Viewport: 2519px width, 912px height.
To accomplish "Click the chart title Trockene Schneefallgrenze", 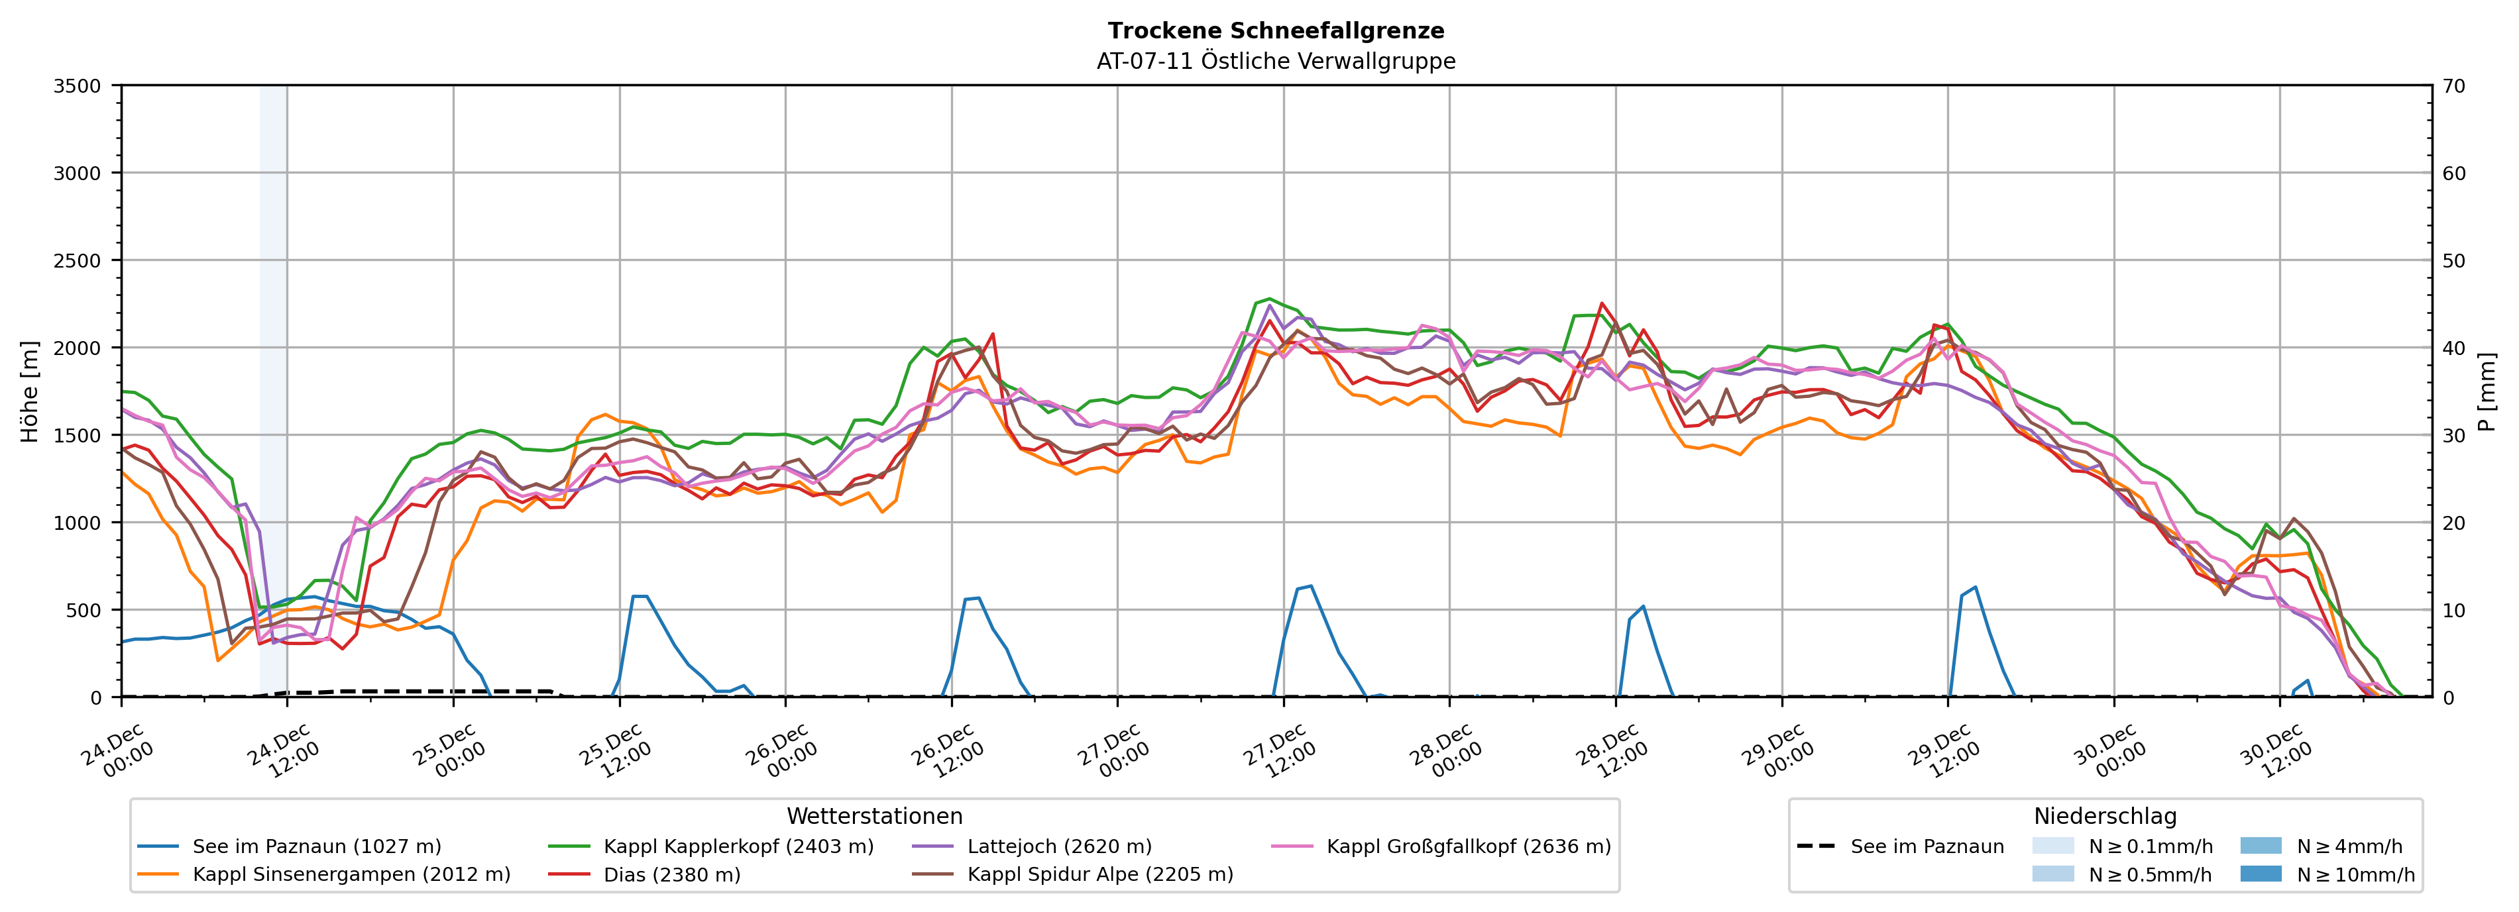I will (x=1275, y=31).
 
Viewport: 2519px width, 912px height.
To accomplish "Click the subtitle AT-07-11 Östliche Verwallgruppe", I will (x=1275, y=62).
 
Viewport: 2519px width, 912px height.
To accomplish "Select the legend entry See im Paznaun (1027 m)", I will (x=316, y=846).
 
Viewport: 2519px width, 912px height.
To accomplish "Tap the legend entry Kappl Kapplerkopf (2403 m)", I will (x=738, y=846).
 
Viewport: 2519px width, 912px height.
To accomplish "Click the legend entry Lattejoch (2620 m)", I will (x=1059, y=846).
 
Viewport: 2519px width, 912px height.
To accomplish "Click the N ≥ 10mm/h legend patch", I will (x=2260, y=874).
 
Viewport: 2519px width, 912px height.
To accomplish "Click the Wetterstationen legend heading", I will (x=874, y=816).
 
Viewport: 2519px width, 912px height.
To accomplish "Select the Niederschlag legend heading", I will (x=2104, y=816).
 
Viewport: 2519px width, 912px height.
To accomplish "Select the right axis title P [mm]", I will (x=2487, y=391).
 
